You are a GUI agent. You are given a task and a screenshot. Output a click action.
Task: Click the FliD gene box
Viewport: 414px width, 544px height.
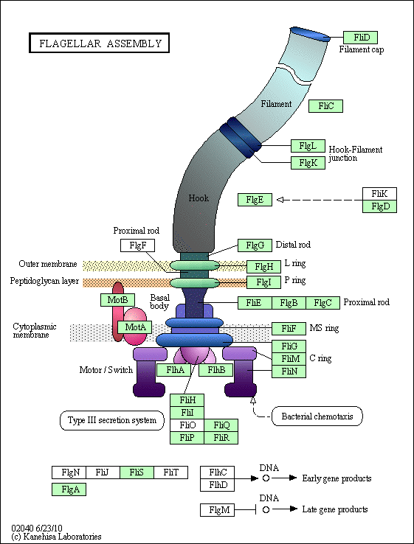(x=360, y=38)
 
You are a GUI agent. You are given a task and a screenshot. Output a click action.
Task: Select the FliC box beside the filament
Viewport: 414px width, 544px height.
(x=325, y=106)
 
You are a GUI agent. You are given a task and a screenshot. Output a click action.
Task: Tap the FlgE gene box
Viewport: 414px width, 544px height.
(x=255, y=200)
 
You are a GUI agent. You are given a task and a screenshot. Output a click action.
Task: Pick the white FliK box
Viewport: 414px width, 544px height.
(x=379, y=194)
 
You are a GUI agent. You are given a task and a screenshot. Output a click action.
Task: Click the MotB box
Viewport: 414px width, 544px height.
(x=117, y=300)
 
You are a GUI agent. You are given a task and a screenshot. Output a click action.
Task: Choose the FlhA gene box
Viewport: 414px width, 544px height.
(x=174, y=370)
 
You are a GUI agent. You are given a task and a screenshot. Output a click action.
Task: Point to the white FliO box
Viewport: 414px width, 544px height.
(x=187, y=425)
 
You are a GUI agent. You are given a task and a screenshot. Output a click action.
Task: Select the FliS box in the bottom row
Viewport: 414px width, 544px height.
(x=137, y=472)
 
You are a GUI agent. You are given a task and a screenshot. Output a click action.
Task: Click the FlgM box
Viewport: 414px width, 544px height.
(x=218, y=510)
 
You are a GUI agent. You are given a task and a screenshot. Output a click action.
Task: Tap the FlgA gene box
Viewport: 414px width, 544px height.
(x=69, y=489)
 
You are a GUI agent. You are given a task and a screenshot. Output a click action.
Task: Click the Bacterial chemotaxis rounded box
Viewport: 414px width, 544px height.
(x=317, y=416)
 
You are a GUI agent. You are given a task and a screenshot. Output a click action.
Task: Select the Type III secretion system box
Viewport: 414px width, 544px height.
(x=112, y=420)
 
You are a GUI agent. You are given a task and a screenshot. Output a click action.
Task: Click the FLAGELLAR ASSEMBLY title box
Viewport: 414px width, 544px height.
(x=100, y=43)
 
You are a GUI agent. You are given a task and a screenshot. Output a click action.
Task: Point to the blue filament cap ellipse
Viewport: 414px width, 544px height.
(x=310, y=34)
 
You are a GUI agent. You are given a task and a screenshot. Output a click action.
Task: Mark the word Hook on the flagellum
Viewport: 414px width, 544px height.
(x=199, y=198)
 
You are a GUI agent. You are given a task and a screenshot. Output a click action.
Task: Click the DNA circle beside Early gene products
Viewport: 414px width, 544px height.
(x=266, y=478)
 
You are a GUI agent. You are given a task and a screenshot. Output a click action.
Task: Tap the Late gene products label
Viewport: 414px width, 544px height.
(x=335, y=509)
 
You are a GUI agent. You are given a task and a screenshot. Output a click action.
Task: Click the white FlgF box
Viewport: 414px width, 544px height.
(x=137, y=245)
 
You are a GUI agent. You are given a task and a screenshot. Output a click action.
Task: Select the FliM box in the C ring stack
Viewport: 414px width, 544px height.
(x=289, y=359)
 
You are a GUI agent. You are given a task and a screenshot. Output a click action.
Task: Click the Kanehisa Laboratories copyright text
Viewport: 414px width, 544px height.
(x=56, y=537)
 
